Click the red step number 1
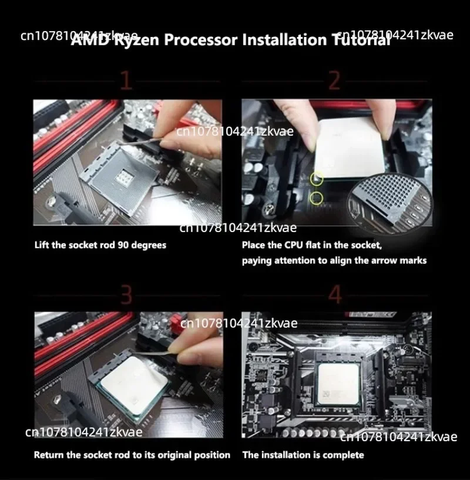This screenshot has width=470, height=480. click(125, 80)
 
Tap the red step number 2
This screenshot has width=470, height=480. click(334, 80)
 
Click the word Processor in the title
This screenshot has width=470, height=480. click(200, 41)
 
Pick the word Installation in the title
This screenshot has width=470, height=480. click(280, 41)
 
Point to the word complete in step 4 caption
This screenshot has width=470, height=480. click(343, 455)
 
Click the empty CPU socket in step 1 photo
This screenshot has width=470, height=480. click(125, 175)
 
